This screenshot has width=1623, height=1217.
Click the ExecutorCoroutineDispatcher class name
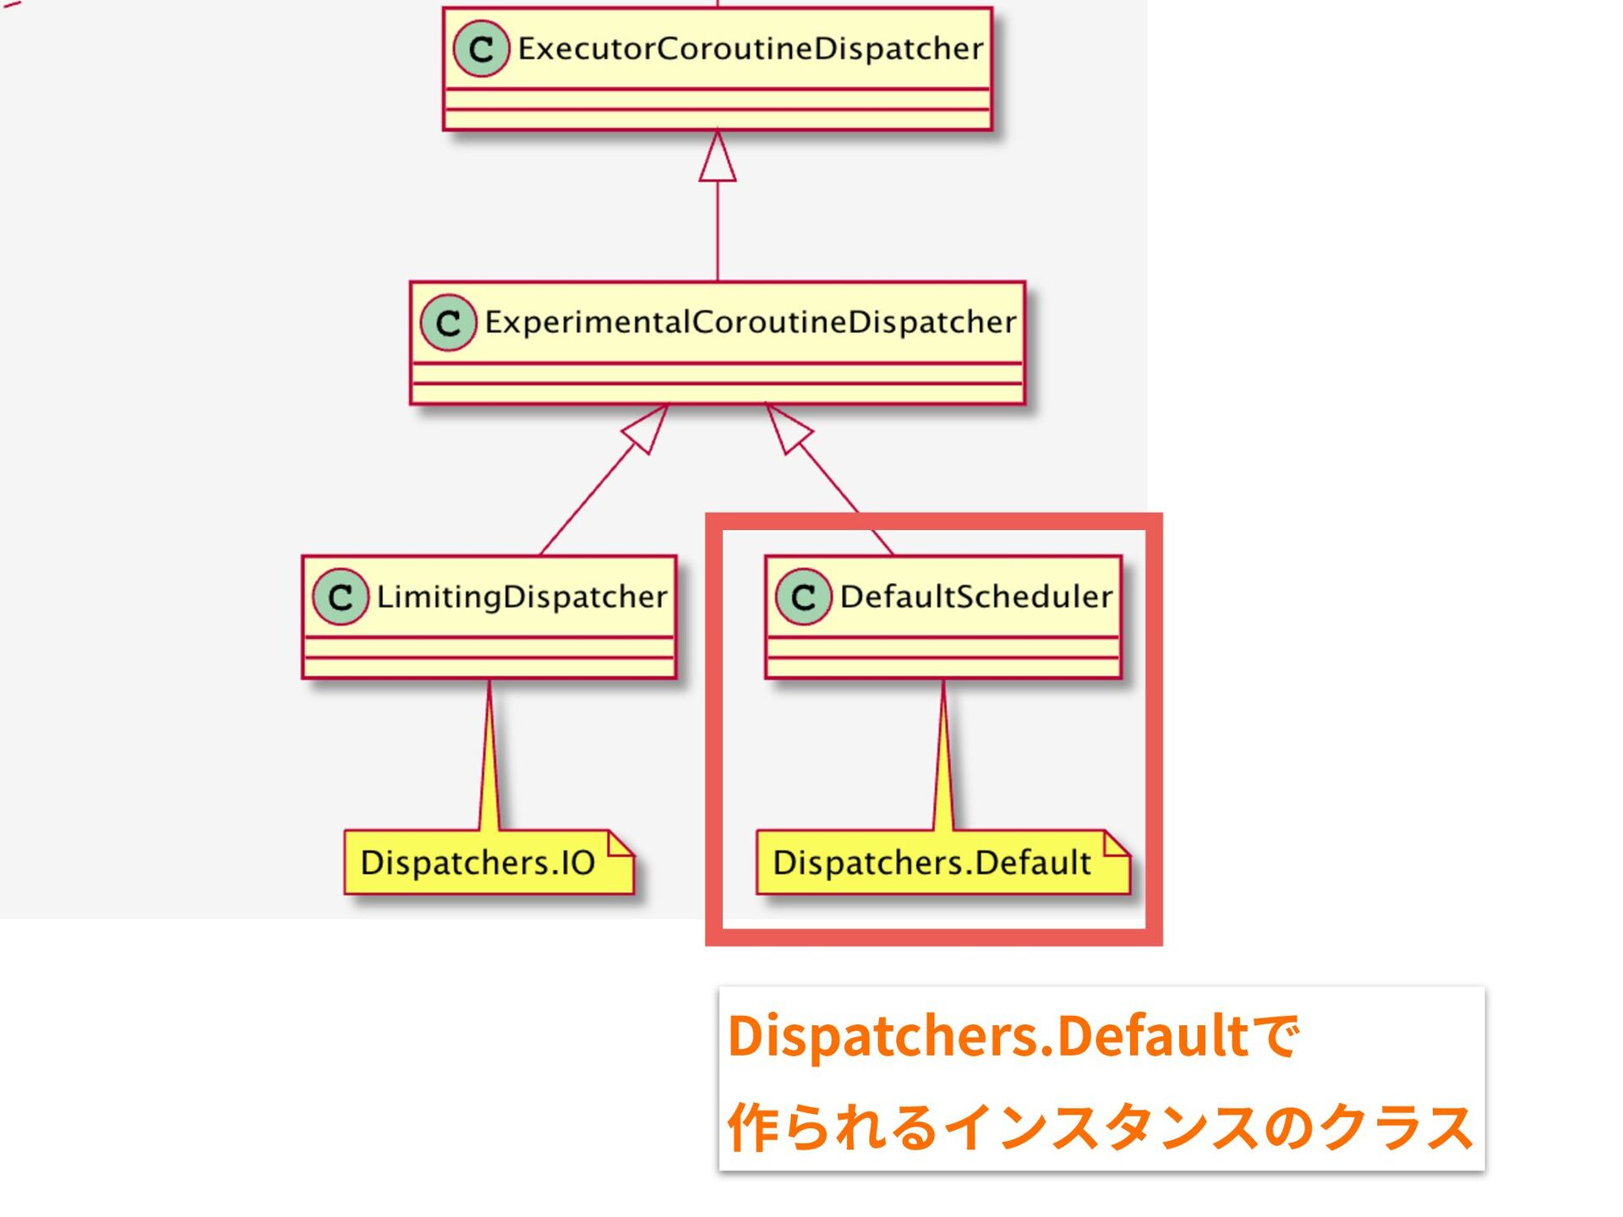click(751, 49)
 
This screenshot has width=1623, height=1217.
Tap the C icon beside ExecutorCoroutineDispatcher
click(481, 49)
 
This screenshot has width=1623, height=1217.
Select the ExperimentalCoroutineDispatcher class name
click(750, 322)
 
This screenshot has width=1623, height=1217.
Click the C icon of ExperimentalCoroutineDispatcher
click(448, 322)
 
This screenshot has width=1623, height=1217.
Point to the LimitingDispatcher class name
click(522, 597)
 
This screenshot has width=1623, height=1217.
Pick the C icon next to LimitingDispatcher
click(341, 597)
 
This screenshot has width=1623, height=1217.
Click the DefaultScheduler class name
click(975, 597)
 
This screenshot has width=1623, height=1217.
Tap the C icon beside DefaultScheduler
click(803, 597)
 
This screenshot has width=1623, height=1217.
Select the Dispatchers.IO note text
click(478, 863)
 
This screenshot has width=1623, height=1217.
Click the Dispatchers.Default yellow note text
click(932, 863)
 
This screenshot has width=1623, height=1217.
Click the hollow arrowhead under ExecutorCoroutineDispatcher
click(718, 160)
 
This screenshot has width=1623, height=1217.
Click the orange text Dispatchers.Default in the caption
click(987, 1035)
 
